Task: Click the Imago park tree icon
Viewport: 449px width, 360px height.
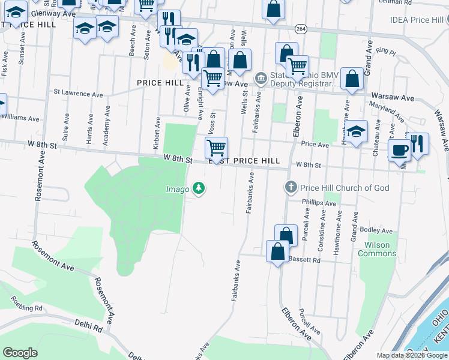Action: pos(199,190)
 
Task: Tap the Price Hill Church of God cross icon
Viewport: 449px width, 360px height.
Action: pos(291,188)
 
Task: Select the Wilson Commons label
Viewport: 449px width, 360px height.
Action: pos(377,249)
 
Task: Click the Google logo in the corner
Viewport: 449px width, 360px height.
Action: pos(20,353)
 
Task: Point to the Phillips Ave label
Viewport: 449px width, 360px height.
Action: pos(319,203)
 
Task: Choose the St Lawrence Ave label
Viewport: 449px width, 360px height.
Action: pos(78,94)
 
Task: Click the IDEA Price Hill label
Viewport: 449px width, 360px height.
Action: pos(416,20)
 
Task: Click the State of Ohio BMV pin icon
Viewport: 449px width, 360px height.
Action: pos(261,77)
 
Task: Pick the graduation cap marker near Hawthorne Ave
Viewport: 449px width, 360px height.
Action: pos(357,131)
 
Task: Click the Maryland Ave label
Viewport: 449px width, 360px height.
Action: pos(387,110)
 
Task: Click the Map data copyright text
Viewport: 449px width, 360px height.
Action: pos(412,355)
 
